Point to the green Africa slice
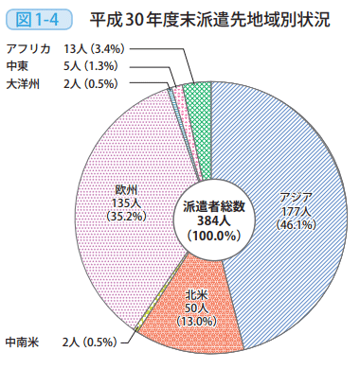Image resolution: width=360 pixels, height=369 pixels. pos(197,93)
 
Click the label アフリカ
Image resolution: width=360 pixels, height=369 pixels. pos(28,48)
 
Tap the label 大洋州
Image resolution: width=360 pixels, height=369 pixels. pos(22,83)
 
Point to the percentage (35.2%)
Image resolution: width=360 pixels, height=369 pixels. pos(128,215)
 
